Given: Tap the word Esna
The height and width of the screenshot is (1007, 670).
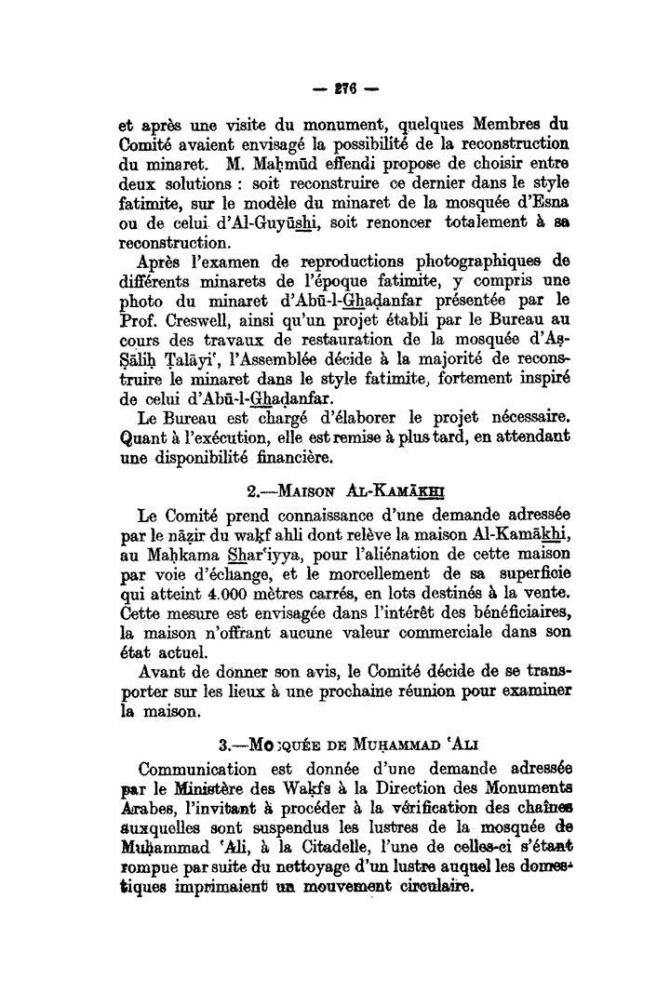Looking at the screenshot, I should tap(549, 203).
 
